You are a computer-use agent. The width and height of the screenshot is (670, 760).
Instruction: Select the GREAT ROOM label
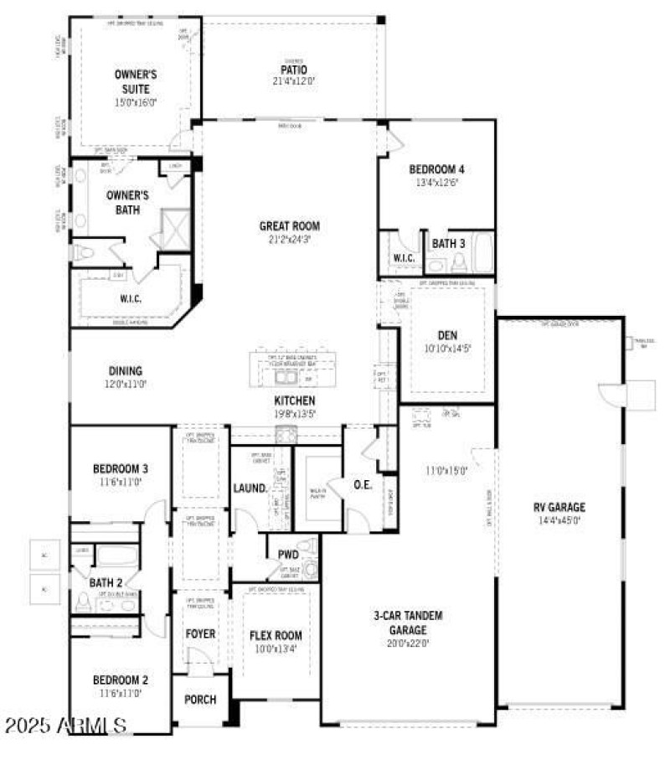289,225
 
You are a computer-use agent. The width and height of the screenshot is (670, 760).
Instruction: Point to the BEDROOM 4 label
436,168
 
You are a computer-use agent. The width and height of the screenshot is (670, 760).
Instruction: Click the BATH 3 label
448,243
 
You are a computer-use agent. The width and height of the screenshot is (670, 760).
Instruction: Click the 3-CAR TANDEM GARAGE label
408,623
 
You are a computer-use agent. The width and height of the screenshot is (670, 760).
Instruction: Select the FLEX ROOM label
276,635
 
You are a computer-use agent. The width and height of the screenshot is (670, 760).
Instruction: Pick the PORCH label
200,700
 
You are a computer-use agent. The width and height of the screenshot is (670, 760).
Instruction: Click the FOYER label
200,633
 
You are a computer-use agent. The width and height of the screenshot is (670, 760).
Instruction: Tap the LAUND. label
250,488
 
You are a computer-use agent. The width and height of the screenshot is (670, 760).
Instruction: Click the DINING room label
125,370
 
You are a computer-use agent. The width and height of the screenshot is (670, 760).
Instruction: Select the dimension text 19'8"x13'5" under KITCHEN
294,413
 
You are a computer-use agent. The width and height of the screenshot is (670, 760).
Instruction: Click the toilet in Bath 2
83,601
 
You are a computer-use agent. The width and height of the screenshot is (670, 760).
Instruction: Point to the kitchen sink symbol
286,434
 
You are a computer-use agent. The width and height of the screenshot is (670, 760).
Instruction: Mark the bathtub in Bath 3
483,253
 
